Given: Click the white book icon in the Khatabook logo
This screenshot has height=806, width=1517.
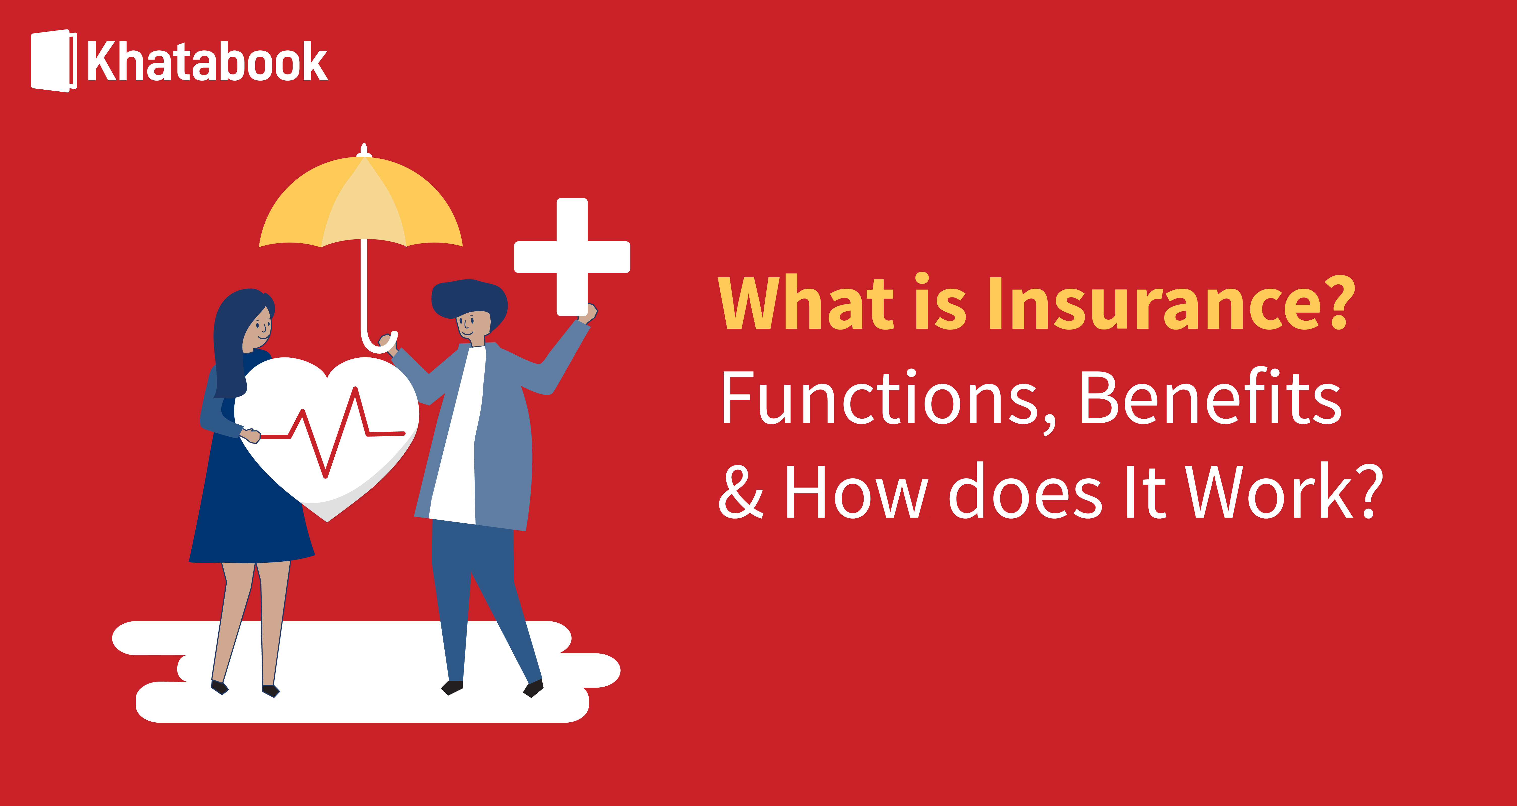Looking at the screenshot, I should [52, 61].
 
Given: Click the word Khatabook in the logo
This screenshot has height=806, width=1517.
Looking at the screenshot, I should [207, 62].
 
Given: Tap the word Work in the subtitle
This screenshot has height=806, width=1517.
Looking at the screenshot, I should [1269, 492].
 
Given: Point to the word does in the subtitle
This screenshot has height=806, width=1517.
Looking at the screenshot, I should [1025, 492].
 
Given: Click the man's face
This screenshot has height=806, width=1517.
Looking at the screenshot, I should [471, 324].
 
